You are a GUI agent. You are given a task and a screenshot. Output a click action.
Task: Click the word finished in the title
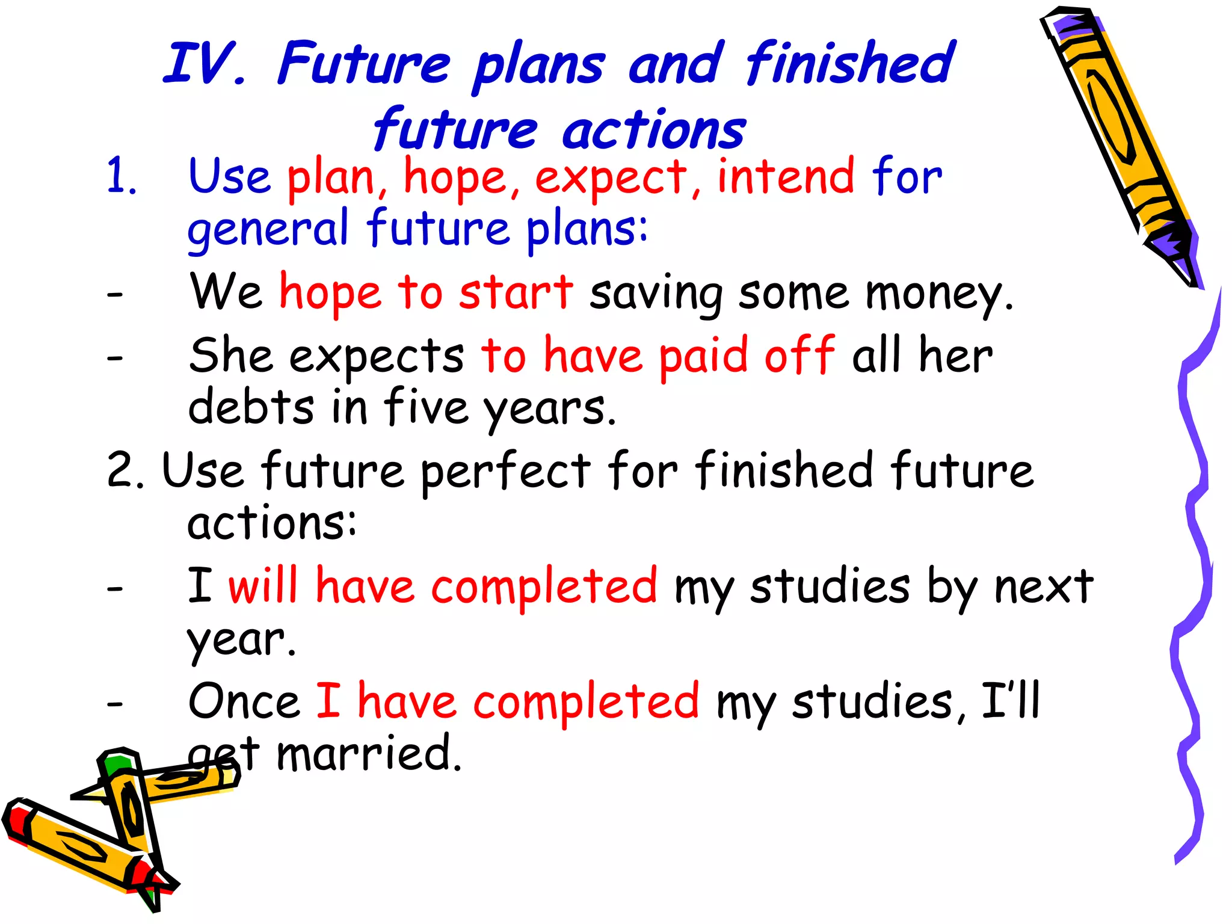(x=850, y=63)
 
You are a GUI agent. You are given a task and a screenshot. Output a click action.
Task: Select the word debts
(x=251, y=407)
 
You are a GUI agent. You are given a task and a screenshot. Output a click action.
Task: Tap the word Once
(x=244, y=701)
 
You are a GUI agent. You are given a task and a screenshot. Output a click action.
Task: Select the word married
(x=368, y=753)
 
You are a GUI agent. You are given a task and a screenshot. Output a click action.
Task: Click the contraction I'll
(x=1010, y=700)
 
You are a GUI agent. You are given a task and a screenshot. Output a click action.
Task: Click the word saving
(x=656, y=294)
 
